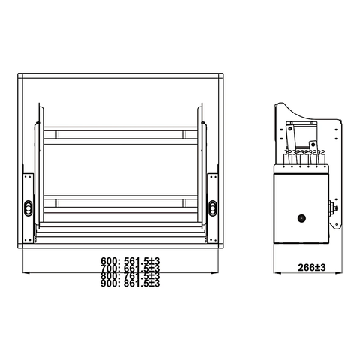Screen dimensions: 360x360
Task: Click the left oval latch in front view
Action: click(x=28, y=206)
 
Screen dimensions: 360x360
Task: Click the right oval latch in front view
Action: click(x=212, y=206)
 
